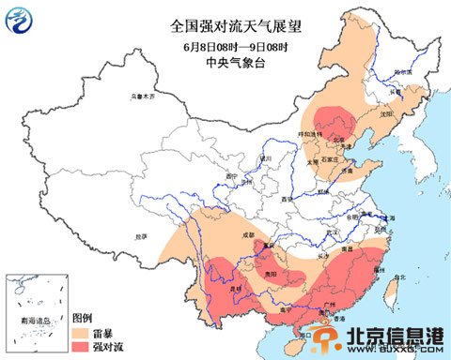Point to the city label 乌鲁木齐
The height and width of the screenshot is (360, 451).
[142, 96]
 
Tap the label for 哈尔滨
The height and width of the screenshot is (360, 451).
[402, 71]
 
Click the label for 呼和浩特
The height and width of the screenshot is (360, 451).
[312, 135]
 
